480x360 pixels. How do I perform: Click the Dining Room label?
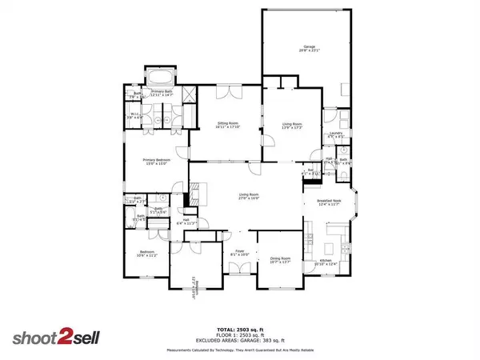click(280, 260)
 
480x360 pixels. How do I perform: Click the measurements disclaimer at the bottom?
click(240, 350)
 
